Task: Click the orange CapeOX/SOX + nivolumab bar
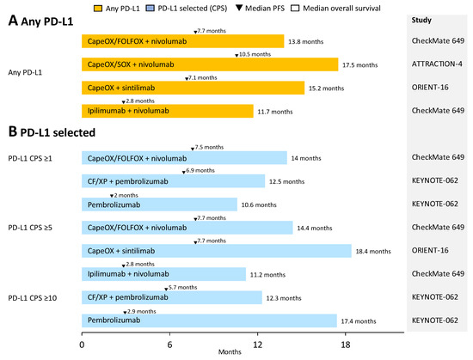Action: tap(209, 64)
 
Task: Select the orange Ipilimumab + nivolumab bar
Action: tap(167, 111)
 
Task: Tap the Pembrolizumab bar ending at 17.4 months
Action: tap(209, 320)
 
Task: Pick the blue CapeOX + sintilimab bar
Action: tap(216, 251)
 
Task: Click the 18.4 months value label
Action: tap(376, 252)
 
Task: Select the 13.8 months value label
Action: tap(308, 41)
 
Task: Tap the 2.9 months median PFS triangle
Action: tap(125, 311)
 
